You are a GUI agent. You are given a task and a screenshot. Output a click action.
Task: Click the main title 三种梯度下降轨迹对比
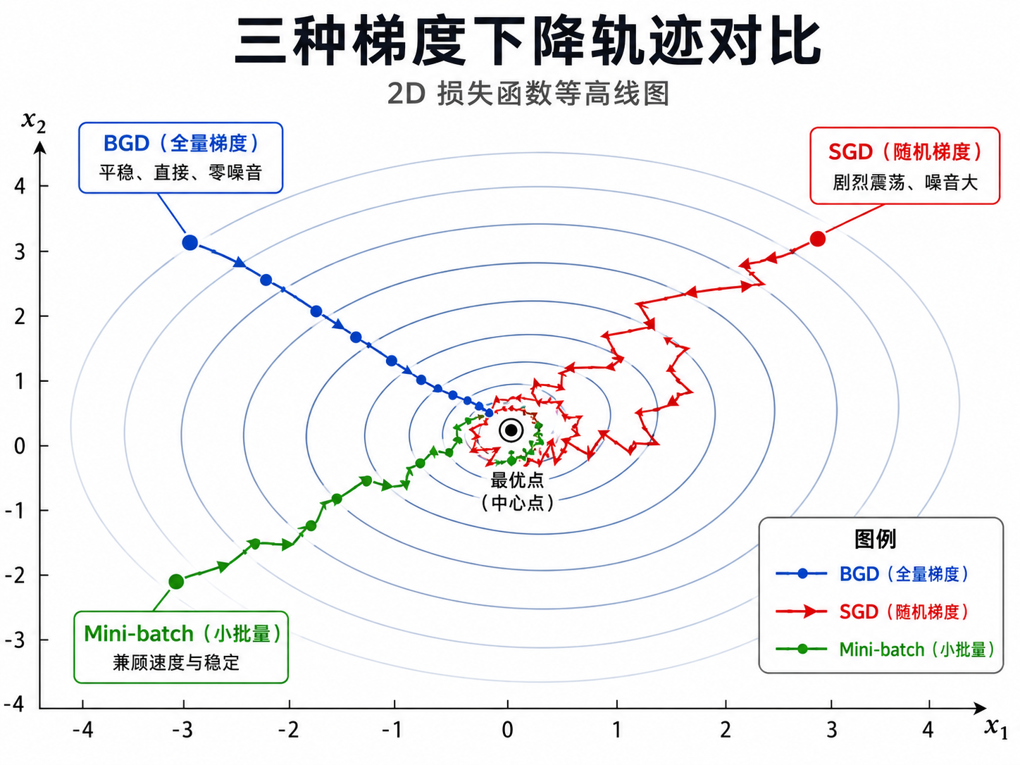click(528, 41)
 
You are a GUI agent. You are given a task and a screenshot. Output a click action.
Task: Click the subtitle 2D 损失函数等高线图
click(528, 94)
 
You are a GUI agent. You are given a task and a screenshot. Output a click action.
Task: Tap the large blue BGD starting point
click(190, 242)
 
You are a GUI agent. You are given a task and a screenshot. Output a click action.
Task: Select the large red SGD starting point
click(817, 239)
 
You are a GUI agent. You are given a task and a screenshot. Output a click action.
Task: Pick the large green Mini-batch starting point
click(176, 581)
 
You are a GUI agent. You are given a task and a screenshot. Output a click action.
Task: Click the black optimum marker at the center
click(511, 430)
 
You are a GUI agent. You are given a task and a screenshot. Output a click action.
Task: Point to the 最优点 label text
click(517, 480)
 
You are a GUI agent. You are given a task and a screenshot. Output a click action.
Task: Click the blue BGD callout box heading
click(181, 143)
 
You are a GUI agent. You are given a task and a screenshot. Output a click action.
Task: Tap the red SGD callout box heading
click(904, 152)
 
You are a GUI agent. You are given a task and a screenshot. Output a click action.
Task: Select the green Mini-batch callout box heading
click(182, 633)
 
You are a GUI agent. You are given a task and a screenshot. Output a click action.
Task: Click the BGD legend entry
click(872, 573)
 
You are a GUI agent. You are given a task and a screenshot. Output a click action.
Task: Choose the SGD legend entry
click(872, 611)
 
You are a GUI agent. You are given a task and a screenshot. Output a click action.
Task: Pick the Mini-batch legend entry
click(885, 649)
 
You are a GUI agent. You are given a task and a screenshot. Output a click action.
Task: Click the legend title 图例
click(876, 539)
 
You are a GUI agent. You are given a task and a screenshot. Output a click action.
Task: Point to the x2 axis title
click(34, 122)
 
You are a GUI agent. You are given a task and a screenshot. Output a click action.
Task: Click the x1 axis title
click(995, 727)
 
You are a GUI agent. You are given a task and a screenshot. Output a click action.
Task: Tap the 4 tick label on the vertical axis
click(20, 187)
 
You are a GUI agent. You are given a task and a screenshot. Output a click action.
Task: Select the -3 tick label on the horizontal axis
click(182, 730)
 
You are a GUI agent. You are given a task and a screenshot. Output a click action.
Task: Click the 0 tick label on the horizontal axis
click(507, 730)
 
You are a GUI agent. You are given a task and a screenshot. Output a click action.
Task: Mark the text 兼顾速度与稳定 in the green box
click(176, 662)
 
